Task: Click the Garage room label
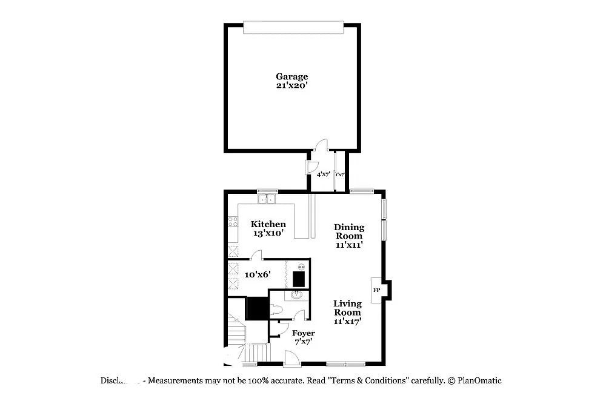(x=292, y=76)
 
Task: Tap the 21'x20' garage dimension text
(x=292, y=85)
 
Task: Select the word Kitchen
(x=268, y=224)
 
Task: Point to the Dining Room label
(x=350, y=232)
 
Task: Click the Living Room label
(x=348, y=308)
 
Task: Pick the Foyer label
(x=304, y=333)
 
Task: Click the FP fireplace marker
(x=376, y=291)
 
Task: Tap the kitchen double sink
(x=267, y=198)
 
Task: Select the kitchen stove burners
(x=233, y=221)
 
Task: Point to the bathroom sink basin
(x=296, y=296)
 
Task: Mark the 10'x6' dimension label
(x=258, y=274)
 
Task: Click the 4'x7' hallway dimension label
(x=323, y=174)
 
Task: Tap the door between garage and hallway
(x=322, y=145)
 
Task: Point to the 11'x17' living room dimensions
(x=348, y=322)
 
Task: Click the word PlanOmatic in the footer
(x=479, y=380)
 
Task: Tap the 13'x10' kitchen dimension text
(x=268, y=233)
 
